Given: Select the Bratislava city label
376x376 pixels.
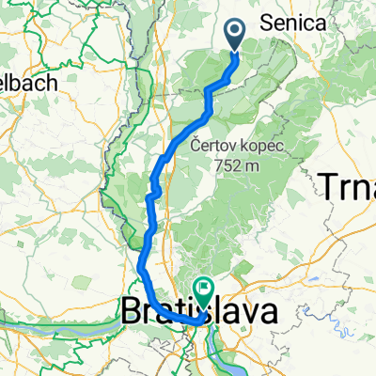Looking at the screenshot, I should tap(198, 311).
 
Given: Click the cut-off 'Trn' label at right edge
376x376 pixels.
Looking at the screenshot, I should tap(349, 186).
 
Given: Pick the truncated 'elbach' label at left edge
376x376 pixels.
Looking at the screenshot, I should tap(29, 82).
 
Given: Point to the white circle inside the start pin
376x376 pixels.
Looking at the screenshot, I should tap(235, 33).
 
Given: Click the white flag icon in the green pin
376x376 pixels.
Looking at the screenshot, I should tap(202, 287).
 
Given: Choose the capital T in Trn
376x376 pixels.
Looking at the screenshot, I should tap(330, 186).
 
